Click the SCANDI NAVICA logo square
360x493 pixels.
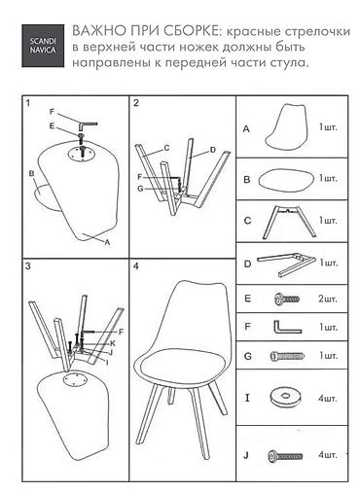point(43,46)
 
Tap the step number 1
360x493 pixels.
point(28,103)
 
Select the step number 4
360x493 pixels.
point(136,266)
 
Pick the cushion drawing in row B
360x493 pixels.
point(286,179)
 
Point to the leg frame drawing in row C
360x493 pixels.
point(288,222)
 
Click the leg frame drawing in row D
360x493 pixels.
point(286,264)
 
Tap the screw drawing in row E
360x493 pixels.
point(287,299)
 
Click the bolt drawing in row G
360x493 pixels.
point(287,356)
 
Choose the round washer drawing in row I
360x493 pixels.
point(285,397)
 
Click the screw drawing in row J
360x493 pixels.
point(285,456)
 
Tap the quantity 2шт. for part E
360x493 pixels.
point(328,299)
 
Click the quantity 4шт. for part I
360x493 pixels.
point(328,398)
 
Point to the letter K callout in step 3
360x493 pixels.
point(113,343)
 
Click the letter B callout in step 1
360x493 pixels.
point(31,174)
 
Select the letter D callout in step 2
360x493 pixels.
point(213,150)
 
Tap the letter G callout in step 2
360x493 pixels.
point(140,189)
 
